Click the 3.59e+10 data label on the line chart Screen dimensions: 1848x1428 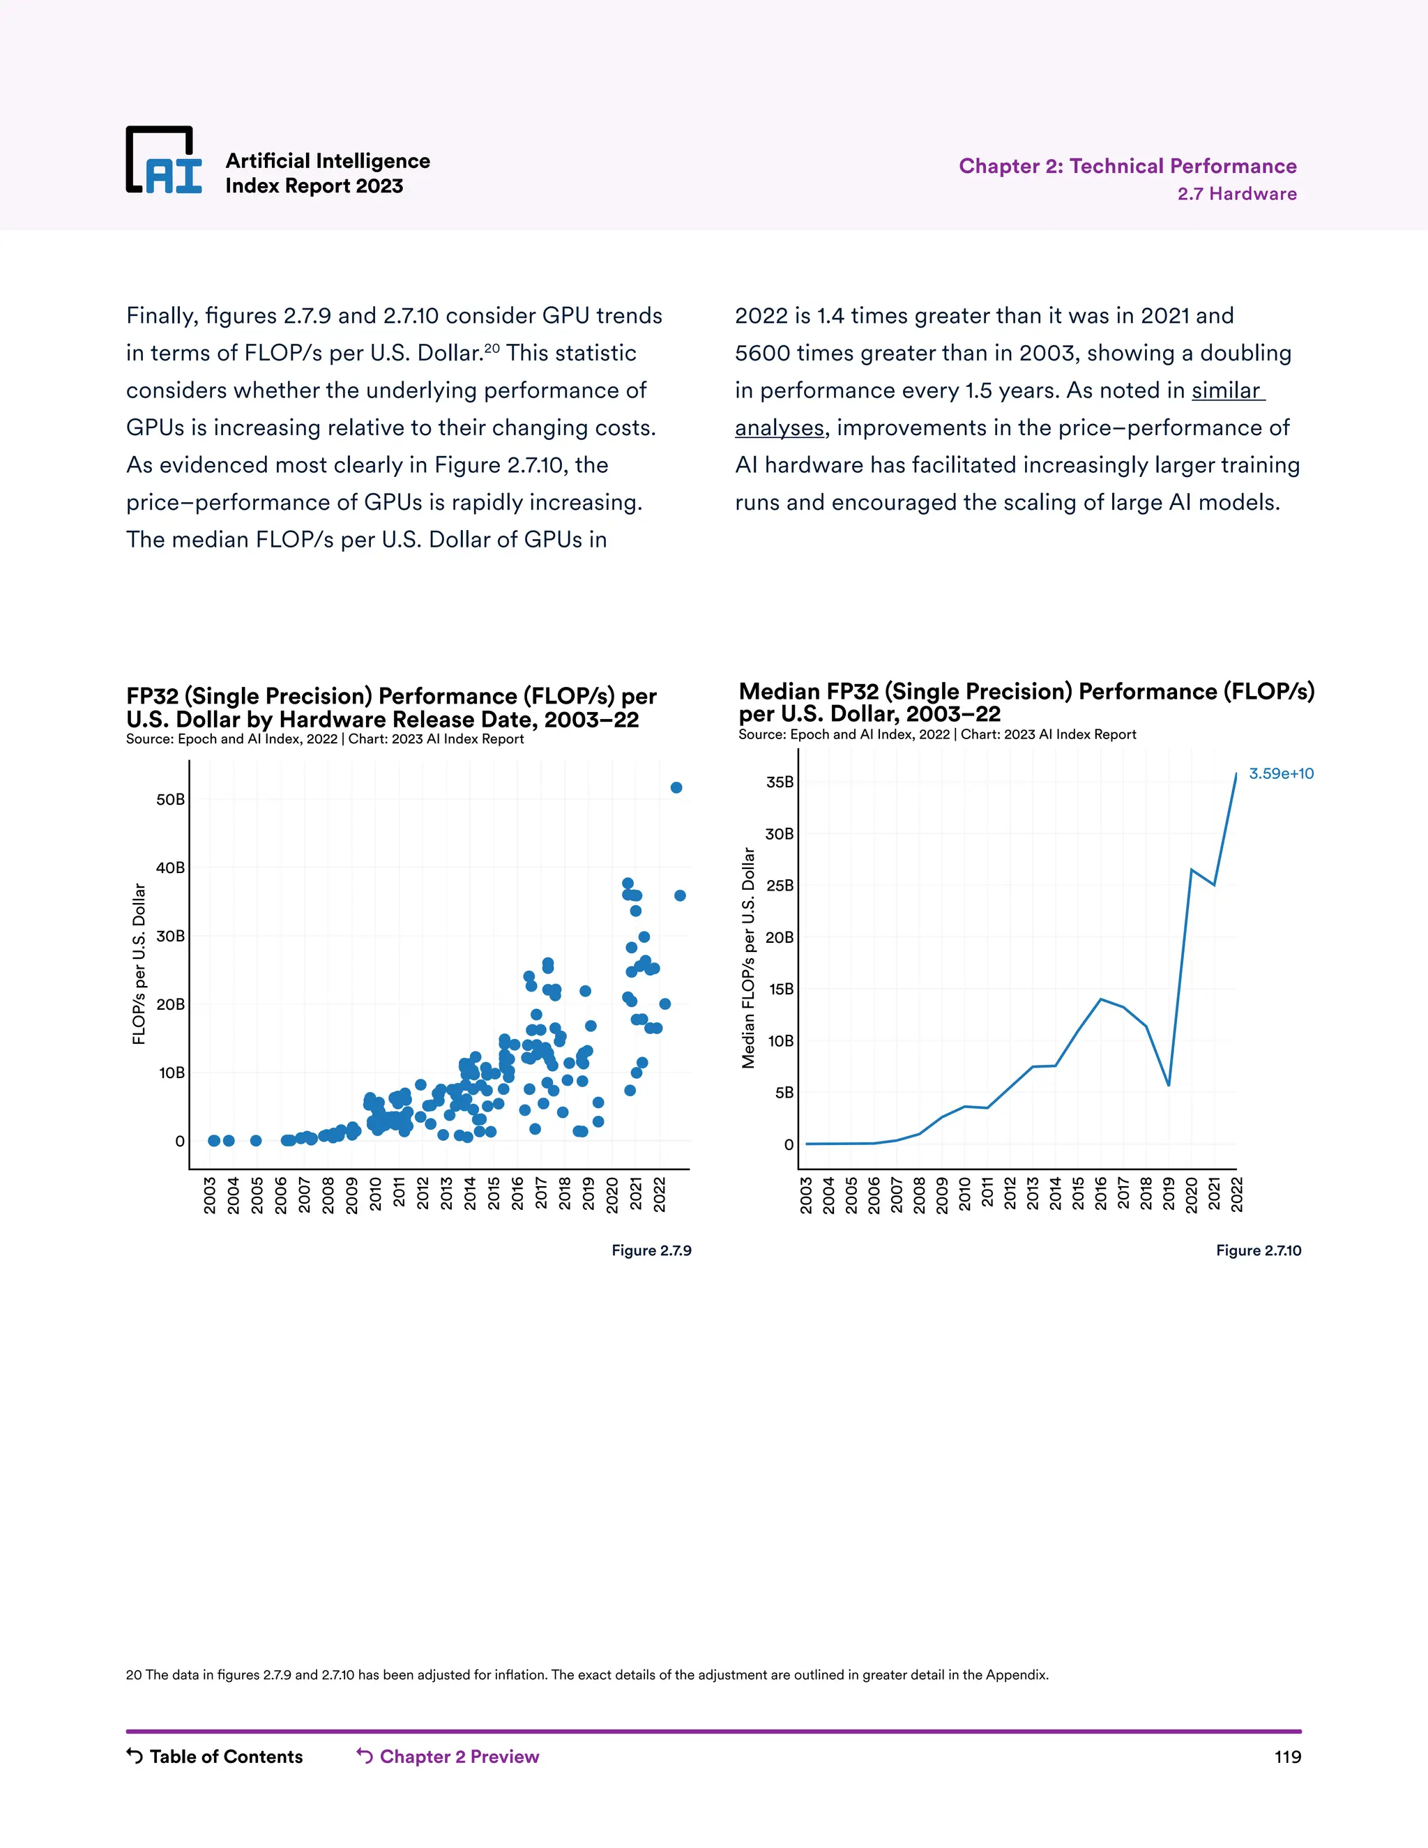(x=1281, y=773)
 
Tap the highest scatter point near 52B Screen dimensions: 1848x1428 (x=676, y=788)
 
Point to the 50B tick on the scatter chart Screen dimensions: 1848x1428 (x=170, y=800)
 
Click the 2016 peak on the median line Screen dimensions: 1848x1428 (x=1100, y=999)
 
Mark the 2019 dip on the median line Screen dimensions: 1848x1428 (x=1169, y=1085)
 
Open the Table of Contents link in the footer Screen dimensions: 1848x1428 (x=215, y=1757)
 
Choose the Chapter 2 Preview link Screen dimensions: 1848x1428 (x=448, y=1757)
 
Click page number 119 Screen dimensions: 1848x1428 (x=1286, y=1757)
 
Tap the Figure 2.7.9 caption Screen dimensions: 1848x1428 (x=651, y=1250)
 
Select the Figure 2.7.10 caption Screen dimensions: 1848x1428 (x=1258, y=1250)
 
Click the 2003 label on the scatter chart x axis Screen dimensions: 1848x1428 (x=210, y=1195)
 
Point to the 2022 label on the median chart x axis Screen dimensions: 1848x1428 (x=1236, y=1194)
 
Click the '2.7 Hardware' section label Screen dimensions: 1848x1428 (x=1237, y=194)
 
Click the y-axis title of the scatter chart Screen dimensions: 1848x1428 (x=139, y=964)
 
